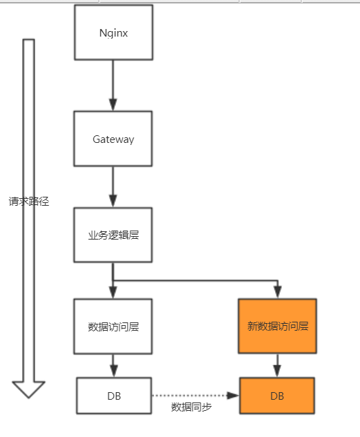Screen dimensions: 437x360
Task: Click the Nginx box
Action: [113, 32]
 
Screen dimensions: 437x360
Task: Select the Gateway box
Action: [113, 139]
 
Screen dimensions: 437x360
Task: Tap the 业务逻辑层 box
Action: [113, 235]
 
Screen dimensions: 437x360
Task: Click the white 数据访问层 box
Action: [113, 326]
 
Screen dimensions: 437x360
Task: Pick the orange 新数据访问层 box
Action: [277, 326]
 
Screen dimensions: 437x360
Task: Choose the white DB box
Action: [113, 396]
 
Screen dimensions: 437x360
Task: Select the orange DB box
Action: [277, 396]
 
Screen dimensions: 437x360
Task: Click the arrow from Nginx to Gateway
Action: [113, 85]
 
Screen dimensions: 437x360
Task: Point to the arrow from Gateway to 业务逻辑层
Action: [113, 186]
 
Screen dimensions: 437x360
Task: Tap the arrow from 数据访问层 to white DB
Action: [113, 365]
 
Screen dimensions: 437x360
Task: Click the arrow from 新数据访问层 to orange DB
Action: [277, 365]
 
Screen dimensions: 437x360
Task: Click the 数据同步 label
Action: [191, 407]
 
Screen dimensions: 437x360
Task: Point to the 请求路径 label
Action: [29, 202]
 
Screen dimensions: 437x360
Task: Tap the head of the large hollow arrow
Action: [29, 389]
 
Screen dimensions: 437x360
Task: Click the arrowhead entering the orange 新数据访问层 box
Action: [277, 293]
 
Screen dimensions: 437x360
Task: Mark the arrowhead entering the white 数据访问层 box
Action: [113, 293]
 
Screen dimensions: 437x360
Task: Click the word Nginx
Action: [113, 32]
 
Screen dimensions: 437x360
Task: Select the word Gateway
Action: [113, 139]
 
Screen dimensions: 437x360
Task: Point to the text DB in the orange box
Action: [277, 396]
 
